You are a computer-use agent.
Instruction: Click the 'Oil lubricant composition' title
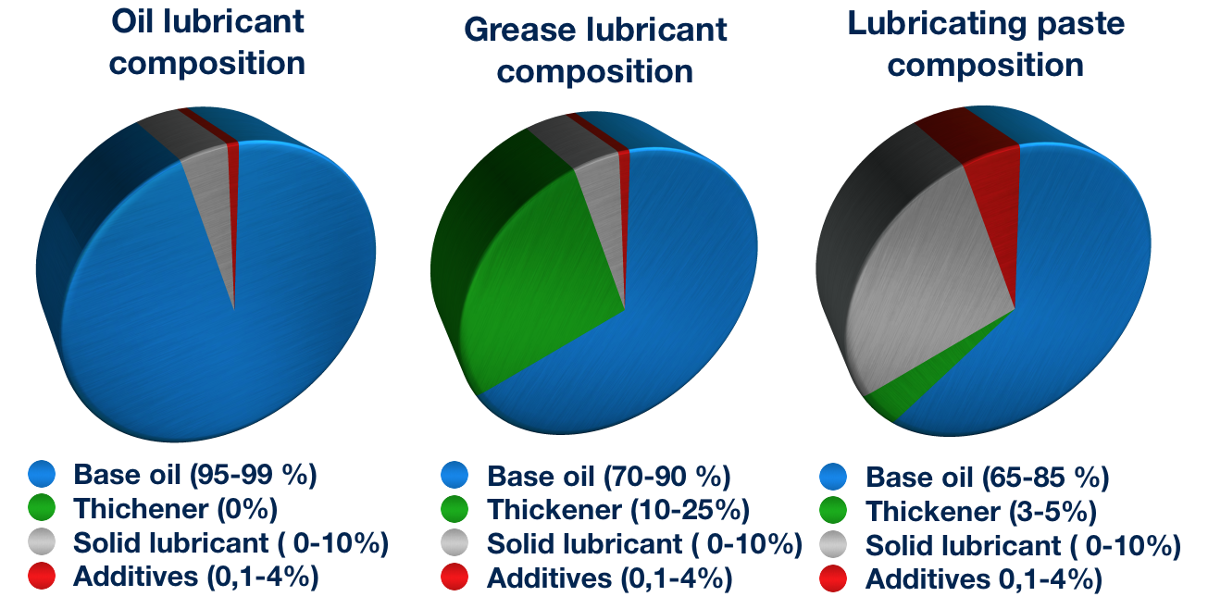click(207, 43)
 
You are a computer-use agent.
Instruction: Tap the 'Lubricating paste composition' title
click(986, 44)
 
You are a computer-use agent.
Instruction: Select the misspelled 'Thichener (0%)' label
click(176, 508)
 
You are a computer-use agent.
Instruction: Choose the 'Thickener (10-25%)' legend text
click(617, 510)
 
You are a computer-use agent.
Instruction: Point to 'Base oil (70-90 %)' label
click(608, 477)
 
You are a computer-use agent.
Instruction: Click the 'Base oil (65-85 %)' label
click(987, 478)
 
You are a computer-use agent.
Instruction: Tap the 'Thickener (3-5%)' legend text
click(981, 511)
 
